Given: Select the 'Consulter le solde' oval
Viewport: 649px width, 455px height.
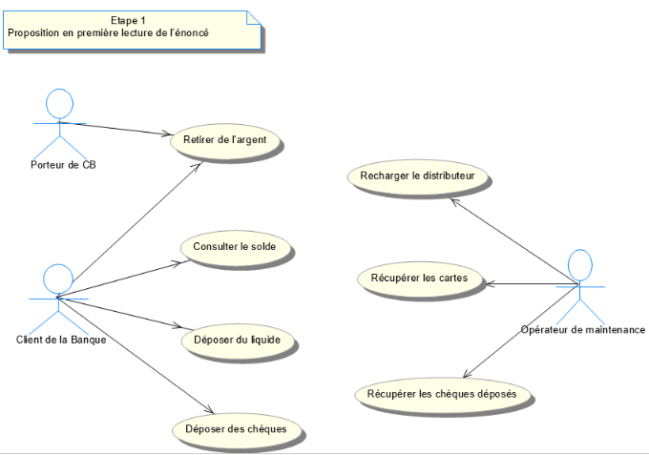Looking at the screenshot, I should pos(235,247).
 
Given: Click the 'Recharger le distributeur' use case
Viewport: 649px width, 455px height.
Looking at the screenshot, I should pos(418,176).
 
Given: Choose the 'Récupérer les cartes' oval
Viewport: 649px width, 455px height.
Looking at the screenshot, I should pos(419,279).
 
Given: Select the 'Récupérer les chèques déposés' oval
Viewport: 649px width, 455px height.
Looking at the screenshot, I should pos(442,393).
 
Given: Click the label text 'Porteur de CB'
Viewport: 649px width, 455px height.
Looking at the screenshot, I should pos(63,164).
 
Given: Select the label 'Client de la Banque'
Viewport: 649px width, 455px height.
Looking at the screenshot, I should pos(61,339).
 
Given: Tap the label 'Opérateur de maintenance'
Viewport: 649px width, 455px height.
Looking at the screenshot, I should pos(583,330).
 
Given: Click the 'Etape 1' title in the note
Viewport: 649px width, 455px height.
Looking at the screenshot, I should pos(129,20).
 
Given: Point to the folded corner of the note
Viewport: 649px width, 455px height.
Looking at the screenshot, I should pos(254,17).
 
